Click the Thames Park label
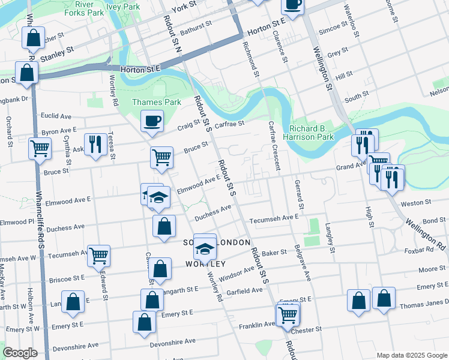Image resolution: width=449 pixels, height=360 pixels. (156, 102)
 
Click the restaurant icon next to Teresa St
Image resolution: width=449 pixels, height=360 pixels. (95, 145)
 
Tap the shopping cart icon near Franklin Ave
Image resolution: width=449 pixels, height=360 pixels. (288, 314)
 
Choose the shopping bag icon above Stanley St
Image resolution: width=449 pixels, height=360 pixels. (34, 38)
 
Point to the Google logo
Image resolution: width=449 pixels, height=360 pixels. (20, 353)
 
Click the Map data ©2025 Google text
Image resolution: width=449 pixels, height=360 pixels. (411, 355)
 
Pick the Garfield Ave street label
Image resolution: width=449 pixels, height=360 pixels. (244, 290)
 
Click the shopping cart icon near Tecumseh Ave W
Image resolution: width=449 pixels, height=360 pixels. (98, 255)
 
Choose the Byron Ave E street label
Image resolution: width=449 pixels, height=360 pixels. (59, 130)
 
